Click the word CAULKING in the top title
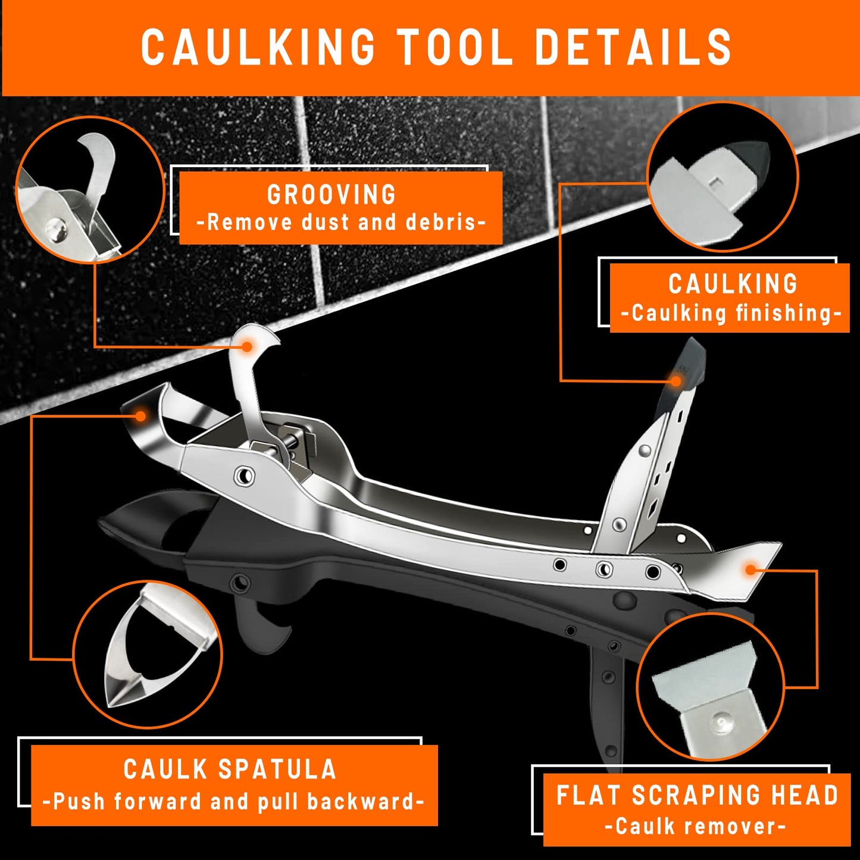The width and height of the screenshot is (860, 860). (258, 47)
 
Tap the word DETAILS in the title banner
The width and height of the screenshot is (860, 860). (633, 47)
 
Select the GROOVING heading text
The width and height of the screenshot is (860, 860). (332, 195)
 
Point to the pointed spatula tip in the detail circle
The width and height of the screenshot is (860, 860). (119, 690)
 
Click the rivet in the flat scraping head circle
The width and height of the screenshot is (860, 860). (721, 722)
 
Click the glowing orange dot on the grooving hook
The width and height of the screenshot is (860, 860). (246, 346)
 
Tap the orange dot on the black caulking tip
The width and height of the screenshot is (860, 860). (676, 380)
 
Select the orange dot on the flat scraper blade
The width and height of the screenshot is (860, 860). (750, 570)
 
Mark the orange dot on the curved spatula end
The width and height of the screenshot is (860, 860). (140, 415)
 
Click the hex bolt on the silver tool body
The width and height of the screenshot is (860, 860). (243, 476)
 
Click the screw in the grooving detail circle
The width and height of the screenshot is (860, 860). (57, 226)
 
